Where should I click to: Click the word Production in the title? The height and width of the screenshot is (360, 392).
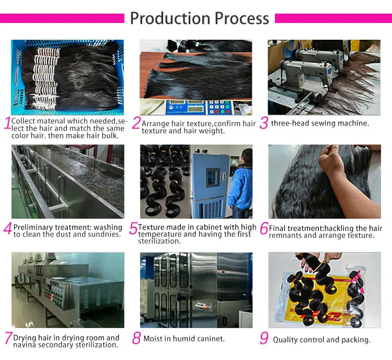coord(170,18)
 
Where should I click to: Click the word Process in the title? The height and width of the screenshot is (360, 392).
coord(242,18)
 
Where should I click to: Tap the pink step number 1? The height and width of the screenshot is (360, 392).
coord(7,123)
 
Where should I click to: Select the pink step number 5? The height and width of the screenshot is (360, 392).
coord(133,228)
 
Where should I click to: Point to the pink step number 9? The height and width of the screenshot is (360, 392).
coord(264,338)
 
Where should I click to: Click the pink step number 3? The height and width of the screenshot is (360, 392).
coord(264,123)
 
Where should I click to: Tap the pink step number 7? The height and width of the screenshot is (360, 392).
coord(8,338)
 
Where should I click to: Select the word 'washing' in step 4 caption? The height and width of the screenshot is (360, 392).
coord(108,227)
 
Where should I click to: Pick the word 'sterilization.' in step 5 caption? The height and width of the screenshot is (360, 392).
coord(159,241)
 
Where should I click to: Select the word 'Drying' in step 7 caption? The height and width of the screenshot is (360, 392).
coord(24,338)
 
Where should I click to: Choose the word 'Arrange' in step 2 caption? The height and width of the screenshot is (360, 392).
coord(155,124)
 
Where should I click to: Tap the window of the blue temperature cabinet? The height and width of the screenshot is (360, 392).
coord(213,177)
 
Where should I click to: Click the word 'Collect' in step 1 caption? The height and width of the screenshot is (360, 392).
coord(23,121)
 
